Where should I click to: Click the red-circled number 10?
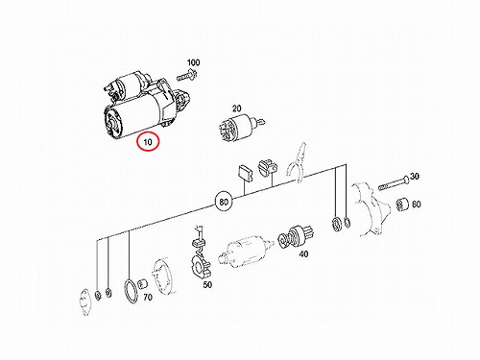click(x=148, y=141)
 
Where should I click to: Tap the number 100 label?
click(x=193, y=62)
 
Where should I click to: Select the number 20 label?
click(x=236, y=108)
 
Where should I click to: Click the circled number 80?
click(x=224, y=202)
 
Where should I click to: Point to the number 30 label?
click(x=415, y=176)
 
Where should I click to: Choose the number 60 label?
click(x=416, y=204)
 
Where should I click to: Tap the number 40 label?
click(x=303, y=253)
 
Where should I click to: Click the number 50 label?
click(x=207, y=284)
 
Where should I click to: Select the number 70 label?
click(x=148, y=298)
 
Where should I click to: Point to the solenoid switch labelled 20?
click(x=241, y=128)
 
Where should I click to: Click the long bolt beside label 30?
click(x=394, y=183)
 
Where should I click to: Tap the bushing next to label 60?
click(x=401, y=205)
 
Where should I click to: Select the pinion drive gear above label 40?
click(x=296, y=237)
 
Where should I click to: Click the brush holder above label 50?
click(x=200, y=252)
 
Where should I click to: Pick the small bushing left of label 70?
click(x=142, y=283)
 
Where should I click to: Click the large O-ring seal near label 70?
click(x=131, y=291)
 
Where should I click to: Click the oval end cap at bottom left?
click(x=85, y=302)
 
